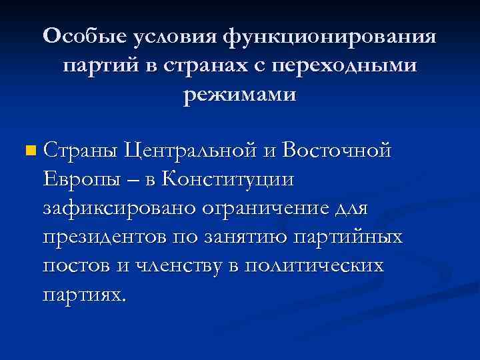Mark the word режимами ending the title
(240, 95)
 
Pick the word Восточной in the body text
(336, 151)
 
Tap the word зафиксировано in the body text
(119, 209)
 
